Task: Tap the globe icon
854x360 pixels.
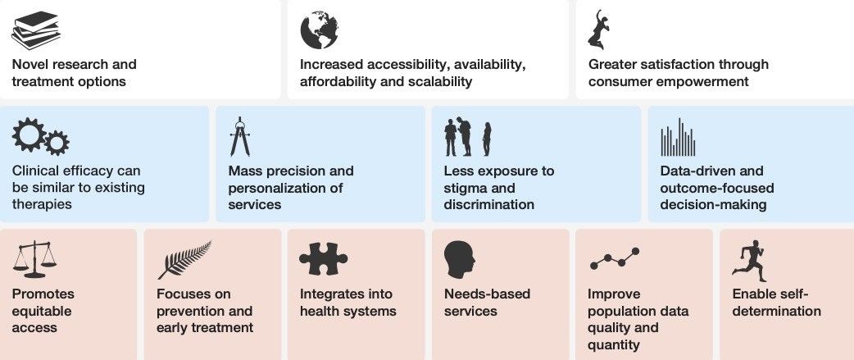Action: point(320,30)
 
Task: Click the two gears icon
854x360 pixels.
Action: point(40,137)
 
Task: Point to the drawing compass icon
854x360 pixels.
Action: point(239,137)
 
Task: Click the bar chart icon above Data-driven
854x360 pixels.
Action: point(678,137)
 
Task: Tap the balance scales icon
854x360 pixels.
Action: point(35,259)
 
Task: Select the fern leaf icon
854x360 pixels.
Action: point(184,260)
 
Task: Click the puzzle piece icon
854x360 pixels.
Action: point(324,258)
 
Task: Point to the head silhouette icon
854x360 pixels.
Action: point(459,259)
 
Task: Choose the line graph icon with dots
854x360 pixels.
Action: point(614,259)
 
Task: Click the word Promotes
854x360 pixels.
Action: point(43,294)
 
